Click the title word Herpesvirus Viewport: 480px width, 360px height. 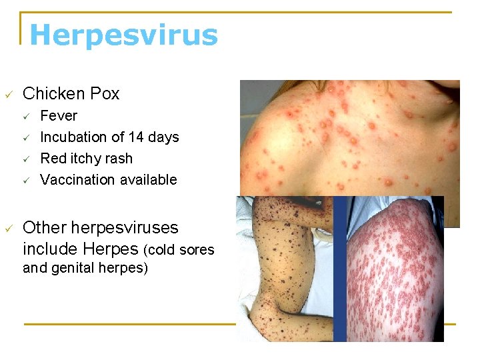tap(123, 35)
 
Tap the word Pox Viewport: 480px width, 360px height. tap(104, 94)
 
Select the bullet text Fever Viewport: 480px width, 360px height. tap(59, 116)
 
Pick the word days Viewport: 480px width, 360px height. tap(163, 137)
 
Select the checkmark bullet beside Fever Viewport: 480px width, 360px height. tap(27, 117)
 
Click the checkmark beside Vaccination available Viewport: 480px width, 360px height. tap(27, 181)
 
